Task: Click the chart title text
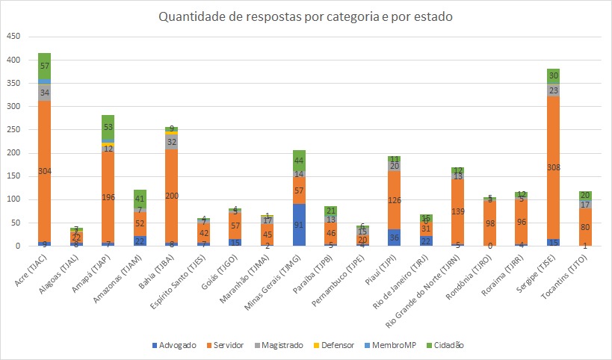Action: tap(306, 17)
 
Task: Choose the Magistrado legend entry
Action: tap(279, 345)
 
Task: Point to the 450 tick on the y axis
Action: tap(14, 37)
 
